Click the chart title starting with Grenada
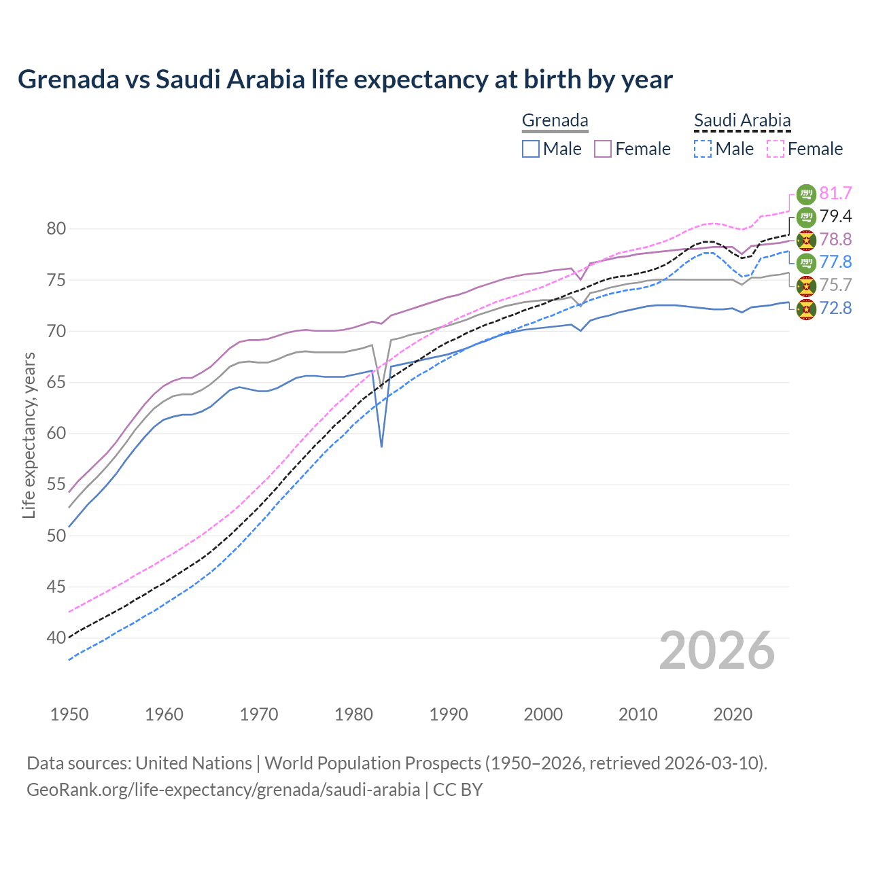click(x=345, y=80)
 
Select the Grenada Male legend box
click(x=531, y=149)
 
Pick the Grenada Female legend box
click(x=603, y=149)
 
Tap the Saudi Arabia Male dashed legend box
click(x=703, y=149)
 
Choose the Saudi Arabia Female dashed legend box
click(x=776, y=149)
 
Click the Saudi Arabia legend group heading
click(x=742, y=121)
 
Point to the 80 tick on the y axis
click(x=56, y=229)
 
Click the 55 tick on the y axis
click(x=56, y=485)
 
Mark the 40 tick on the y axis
click(x=56, y=638)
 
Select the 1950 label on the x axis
click(x=69, y=714)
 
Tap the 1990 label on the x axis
click(x=449, y=714)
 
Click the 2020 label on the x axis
click(x=733, y=714)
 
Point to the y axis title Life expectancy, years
click(x=29, y=435)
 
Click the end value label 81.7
click(x=835, y=194)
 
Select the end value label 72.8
click(x=835, y=309)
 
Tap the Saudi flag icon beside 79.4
click(x=806, y=217)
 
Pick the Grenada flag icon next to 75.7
click(x=806, y=286)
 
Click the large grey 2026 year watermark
click(x=717, y=650)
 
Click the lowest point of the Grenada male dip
click(x=382, y=447)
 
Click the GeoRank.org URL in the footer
click(x=223, y=790)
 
